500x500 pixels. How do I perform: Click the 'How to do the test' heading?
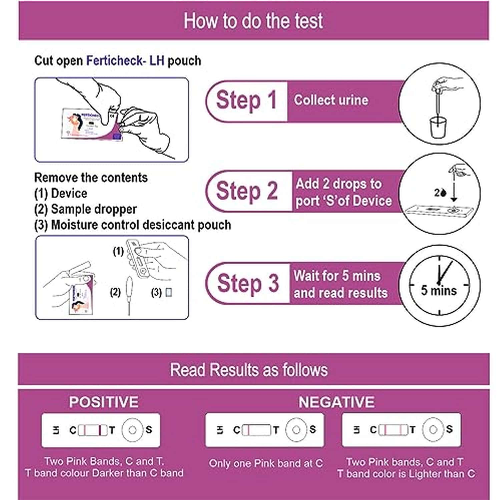tap(253, 21)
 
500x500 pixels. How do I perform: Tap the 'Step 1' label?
tap(246, 100)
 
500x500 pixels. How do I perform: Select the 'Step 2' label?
tap(247, 191)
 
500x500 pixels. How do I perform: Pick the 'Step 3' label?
tap(247, 283)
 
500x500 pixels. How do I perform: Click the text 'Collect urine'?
tap(331, 100)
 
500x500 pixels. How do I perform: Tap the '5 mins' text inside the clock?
tap(438, 291)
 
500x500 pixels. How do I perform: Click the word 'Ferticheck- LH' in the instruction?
tap(125, 61)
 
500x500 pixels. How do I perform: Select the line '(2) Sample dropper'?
tap(85, 209)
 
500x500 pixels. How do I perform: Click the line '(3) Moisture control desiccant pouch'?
tap(132, 225)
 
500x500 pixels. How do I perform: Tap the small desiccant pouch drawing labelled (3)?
tap(169, 293)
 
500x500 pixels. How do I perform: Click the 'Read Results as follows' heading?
tap(249, 370)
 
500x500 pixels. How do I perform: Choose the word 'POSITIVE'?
tap(103, 402)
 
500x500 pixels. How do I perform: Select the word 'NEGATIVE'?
tap(336, 402)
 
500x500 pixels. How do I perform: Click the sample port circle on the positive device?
tap(132, 430)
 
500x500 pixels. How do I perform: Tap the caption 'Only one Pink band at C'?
tap(266, 463)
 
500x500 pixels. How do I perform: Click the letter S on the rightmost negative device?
tap(449, 429)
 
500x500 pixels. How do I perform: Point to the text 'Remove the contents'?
tap(91, 177)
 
